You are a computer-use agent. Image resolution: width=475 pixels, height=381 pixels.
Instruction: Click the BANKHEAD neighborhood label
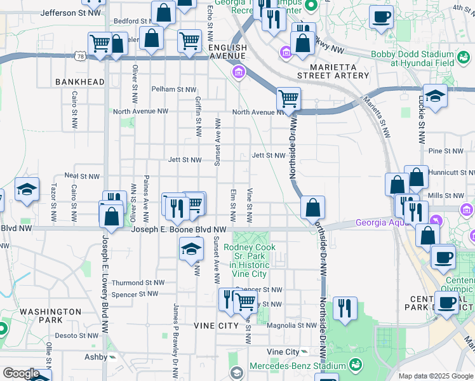point(79,82)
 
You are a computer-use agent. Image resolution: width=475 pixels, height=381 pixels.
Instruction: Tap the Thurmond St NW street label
point(138,283)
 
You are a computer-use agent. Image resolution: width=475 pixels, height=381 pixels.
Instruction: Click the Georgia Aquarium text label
point(387,223)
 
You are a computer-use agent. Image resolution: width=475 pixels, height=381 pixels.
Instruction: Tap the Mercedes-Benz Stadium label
point(297,366)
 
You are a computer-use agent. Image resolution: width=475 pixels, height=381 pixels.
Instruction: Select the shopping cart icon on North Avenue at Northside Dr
point(288,98)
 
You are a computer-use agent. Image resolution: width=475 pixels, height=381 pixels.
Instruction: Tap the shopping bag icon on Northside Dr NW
point(312,207)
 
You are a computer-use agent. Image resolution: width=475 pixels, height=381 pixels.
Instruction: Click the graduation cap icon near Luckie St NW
point(434,96)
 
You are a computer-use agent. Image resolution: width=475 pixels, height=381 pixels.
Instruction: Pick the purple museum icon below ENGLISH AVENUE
point(239,72)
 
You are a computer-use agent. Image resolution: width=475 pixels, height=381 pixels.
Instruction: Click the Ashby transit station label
point(97,358)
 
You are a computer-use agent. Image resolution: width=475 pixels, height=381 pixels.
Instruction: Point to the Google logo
point(21,373)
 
